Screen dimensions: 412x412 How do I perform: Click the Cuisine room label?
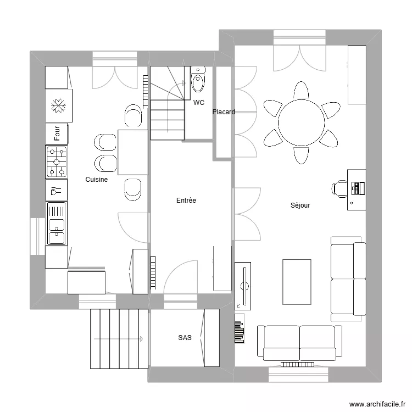tap(96, 180)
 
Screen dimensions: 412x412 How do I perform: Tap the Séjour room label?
tap(300, 205)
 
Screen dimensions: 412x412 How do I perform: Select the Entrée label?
tap(186, 201)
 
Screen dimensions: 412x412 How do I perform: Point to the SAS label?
tap(185, 338)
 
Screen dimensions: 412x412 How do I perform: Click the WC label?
tap(198, 103)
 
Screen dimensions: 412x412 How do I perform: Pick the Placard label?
tap(224, 112)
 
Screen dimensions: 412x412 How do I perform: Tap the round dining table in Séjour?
tap(300, 122)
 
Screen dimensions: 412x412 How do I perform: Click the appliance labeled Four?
tap(57, 132)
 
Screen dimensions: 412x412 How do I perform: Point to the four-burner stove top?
tap(57, 162)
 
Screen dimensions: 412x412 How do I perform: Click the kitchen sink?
tap(57, 224)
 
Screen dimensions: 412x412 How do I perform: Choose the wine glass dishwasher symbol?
tap(56, 191)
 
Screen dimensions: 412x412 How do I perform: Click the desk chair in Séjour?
tap(339, 188)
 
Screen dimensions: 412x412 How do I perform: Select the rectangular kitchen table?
tap(132, 152)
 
